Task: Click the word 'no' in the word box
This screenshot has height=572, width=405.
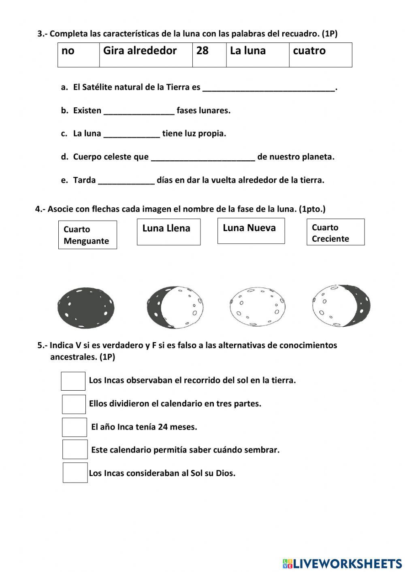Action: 68,51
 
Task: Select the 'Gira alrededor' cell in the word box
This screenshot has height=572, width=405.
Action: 140,51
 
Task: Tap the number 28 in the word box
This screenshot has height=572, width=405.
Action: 202,51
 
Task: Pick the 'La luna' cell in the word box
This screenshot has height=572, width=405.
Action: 248,51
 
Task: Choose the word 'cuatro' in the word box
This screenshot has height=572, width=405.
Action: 309,51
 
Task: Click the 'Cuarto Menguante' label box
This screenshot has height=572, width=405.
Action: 87,235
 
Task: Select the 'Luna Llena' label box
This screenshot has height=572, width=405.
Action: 168,232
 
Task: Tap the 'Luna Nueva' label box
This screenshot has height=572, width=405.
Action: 251,231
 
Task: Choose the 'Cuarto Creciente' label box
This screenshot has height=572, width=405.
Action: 335,232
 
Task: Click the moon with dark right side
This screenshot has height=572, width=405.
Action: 341,306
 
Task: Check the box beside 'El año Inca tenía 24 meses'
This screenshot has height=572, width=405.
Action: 75,427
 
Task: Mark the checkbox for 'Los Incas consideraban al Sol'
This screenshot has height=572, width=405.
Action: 75,473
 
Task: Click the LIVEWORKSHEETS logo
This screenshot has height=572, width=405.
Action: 342,563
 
